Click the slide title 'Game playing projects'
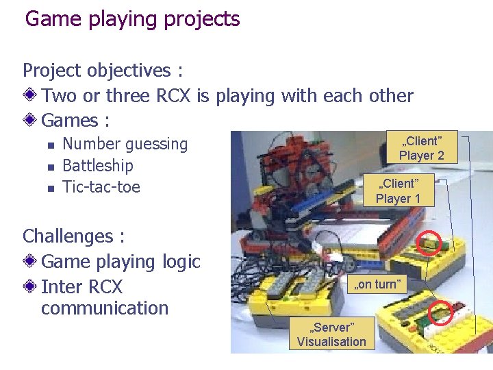coord(133,19)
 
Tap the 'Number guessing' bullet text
coord(125,145)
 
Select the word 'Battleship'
coord(98,166)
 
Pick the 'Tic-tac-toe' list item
coord(101,186)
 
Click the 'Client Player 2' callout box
coord(421,148)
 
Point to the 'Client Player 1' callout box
coord(398,190)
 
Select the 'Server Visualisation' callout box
coord(331,334)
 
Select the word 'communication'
coord(105,308)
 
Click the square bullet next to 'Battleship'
coord(49,166)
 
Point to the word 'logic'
coord(178,262)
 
